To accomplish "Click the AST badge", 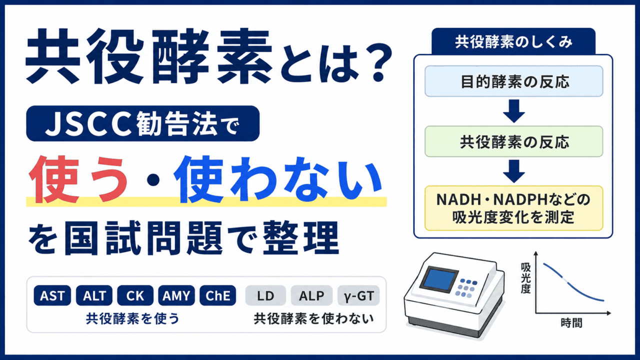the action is pos(52,295).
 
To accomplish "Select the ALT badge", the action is pos(94,295).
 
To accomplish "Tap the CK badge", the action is pos(135,295).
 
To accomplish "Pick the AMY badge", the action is pos(176,295).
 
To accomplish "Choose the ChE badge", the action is pos(217,295).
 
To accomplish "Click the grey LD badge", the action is pos(265,295).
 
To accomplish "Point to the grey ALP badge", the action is pos(311,295).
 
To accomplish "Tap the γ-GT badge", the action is pos(359,295).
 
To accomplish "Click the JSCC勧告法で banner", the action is pos(143,123).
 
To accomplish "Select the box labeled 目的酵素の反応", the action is pos(513,81).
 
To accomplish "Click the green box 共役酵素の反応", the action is pos(513,141).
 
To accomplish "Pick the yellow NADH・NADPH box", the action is pos(513,208).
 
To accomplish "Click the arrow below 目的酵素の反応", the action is pos(513,111).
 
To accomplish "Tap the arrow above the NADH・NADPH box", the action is pos(513,171).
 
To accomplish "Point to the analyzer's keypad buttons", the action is pos(466,287).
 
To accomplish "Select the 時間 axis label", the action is pos(571,323).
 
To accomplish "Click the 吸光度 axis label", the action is pos(525,278).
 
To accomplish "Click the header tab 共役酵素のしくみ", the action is pos(513,42).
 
